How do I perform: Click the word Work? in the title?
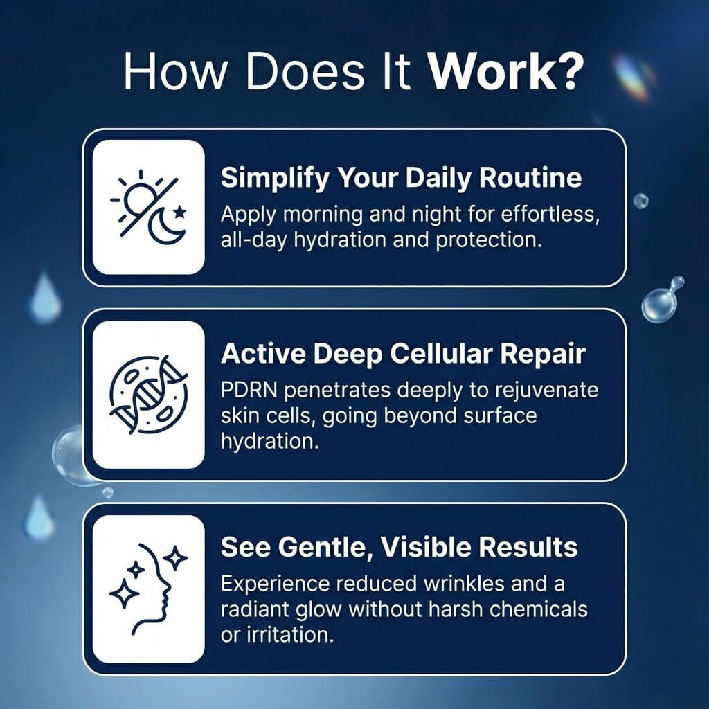pos(505,72)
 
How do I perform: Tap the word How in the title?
pos(174,72)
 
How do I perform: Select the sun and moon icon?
pos(148,206)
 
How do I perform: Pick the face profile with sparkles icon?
pos(148,589)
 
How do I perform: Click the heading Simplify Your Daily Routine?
pos(401,178)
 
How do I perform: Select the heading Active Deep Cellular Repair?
pos(404,354)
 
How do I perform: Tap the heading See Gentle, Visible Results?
pos(400,548)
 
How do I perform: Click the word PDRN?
pos(249,390)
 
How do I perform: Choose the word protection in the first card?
pos(488,240)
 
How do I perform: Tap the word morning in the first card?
pos(323,215)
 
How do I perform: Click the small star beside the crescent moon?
pos(180,211)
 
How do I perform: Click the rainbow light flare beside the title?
pos(631,75)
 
